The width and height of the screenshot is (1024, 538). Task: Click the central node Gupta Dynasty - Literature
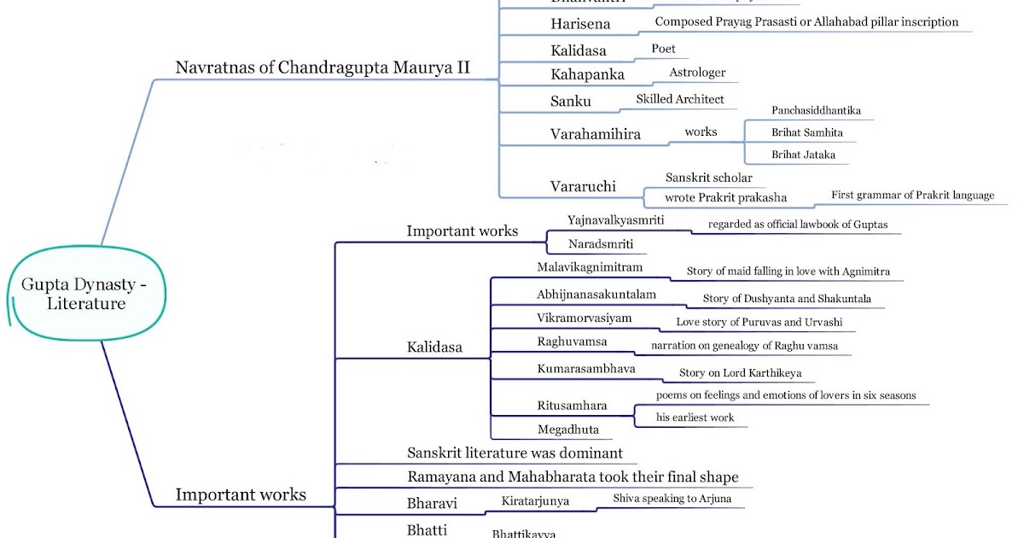pos(84,294)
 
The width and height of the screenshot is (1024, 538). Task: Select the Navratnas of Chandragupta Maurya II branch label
pos(323,67)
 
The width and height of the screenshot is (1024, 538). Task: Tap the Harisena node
pos(581,24)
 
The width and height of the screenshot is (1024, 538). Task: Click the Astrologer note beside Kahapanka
pos(697,73)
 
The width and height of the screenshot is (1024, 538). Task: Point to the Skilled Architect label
pos(680,99)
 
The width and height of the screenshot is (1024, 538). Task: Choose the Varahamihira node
pos(596,134)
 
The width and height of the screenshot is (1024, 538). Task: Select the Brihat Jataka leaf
pos(803,155)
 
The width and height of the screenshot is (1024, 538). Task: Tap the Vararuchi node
pos(584,186)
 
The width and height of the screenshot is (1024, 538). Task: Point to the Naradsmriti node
pos(601,245)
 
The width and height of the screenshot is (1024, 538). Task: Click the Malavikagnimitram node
pos(590,267)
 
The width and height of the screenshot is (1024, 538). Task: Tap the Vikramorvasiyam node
pos(585,318)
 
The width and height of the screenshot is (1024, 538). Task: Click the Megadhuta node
pos(568,429)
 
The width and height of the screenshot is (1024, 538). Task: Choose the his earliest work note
pos(695,418)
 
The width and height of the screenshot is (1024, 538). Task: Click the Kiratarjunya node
pos(535,501)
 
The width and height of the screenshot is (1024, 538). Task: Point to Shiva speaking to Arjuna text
pos(672,499)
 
